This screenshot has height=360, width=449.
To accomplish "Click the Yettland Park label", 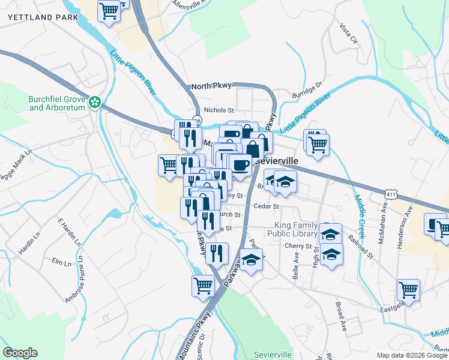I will pyautogui.click(x=43, y=18).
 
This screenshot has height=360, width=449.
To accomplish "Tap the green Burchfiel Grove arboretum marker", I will pyautogui.click(x=94, y=103).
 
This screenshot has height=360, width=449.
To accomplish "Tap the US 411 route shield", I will pyautogui.click(x=390, y=194).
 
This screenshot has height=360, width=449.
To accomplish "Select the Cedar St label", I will pyautogui.click(x=267, y=206).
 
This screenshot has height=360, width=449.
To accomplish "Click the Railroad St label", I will pyautogui.click(x=363, y=247).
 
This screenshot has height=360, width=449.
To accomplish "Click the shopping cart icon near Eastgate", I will pyautogui.click(x=409, y=290).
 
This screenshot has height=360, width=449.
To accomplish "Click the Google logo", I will pyautogui.click(x=20, y=352).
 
